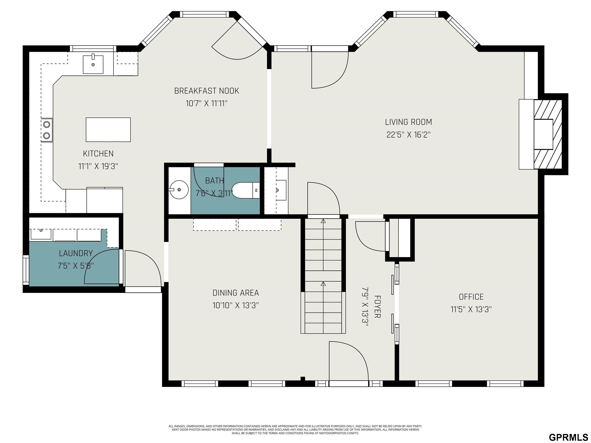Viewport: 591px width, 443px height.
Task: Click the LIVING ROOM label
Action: pos(408,122)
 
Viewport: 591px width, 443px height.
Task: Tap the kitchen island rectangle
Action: pos(108,130)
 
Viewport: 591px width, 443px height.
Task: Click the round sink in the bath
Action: pos(179,190)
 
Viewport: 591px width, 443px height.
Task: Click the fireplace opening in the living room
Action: pos(543,134)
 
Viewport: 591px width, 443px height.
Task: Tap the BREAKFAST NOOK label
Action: pos(207,91)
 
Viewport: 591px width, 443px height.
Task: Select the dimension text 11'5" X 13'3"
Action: pos(471,309)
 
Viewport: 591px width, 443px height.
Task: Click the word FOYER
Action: pos(377,306)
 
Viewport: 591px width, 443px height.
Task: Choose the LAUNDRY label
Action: pos(76,253)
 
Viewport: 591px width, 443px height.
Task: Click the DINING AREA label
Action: pos(236,293)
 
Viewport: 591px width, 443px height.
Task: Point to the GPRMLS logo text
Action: pos(568,437)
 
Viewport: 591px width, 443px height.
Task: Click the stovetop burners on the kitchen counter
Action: pos(47,130)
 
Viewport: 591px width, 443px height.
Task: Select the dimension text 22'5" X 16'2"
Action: pos(408,135)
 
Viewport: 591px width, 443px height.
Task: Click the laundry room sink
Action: pos(41,234)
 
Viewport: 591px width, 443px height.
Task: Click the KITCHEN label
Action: pos(98,154)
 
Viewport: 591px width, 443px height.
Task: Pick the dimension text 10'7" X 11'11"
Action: pos(207,103)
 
